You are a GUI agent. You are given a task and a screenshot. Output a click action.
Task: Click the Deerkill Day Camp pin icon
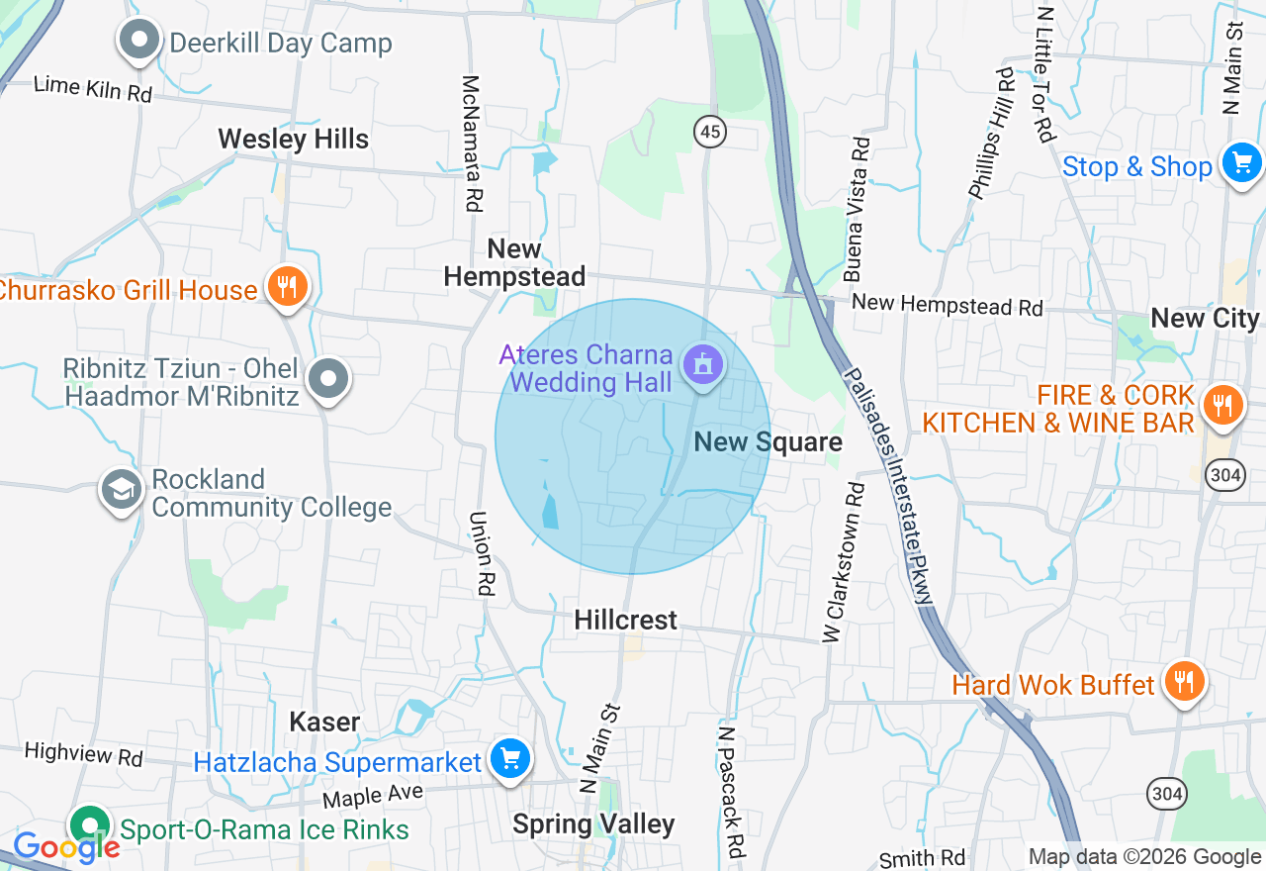click(x=139, y=42)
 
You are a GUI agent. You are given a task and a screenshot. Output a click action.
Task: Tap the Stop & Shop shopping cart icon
click(x=1241, y=163)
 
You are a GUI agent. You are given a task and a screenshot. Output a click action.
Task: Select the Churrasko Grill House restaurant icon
click(x=287, y=287)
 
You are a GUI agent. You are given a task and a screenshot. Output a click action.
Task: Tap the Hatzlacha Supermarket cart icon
click(x=510, y=760)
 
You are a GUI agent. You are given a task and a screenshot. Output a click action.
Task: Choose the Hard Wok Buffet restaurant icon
click(x=1182, y=681)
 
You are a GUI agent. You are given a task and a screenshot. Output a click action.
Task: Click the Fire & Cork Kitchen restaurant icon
click(x=1222, y=405)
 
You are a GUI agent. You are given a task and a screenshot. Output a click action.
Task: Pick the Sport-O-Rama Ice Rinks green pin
click(x=90, y=825)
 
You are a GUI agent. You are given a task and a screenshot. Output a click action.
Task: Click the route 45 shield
click(x=710, y=132)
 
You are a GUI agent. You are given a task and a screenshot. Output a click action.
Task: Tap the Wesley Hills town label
click(x=294, y=139)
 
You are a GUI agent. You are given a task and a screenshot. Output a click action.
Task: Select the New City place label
click(x=1205, y=318)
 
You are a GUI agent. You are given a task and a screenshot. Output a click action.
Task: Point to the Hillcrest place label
click(x=626, y=621)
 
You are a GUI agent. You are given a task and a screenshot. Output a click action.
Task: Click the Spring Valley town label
click(x=593, y=824)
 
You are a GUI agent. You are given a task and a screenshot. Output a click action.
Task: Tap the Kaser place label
click(x=324, y=722)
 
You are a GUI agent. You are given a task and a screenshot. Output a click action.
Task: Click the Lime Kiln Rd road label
click(x=92, y=88)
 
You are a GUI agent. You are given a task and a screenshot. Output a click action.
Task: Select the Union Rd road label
click(x=482, y=552)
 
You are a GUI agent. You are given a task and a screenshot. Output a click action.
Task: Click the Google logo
click(x=65, y=846)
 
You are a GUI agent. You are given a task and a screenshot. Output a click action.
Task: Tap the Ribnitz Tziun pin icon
click(x=328, y=380)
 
